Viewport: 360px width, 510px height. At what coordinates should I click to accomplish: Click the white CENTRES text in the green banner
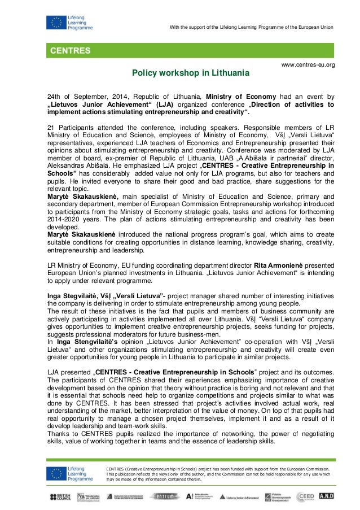click(x=71, y=50)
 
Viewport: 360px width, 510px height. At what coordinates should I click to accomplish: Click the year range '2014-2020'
click(x=65, y=219)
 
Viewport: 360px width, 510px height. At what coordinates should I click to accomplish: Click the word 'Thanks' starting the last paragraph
click(x=59, y=434)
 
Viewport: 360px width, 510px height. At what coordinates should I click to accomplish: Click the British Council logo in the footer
click(x=62, y=496)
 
